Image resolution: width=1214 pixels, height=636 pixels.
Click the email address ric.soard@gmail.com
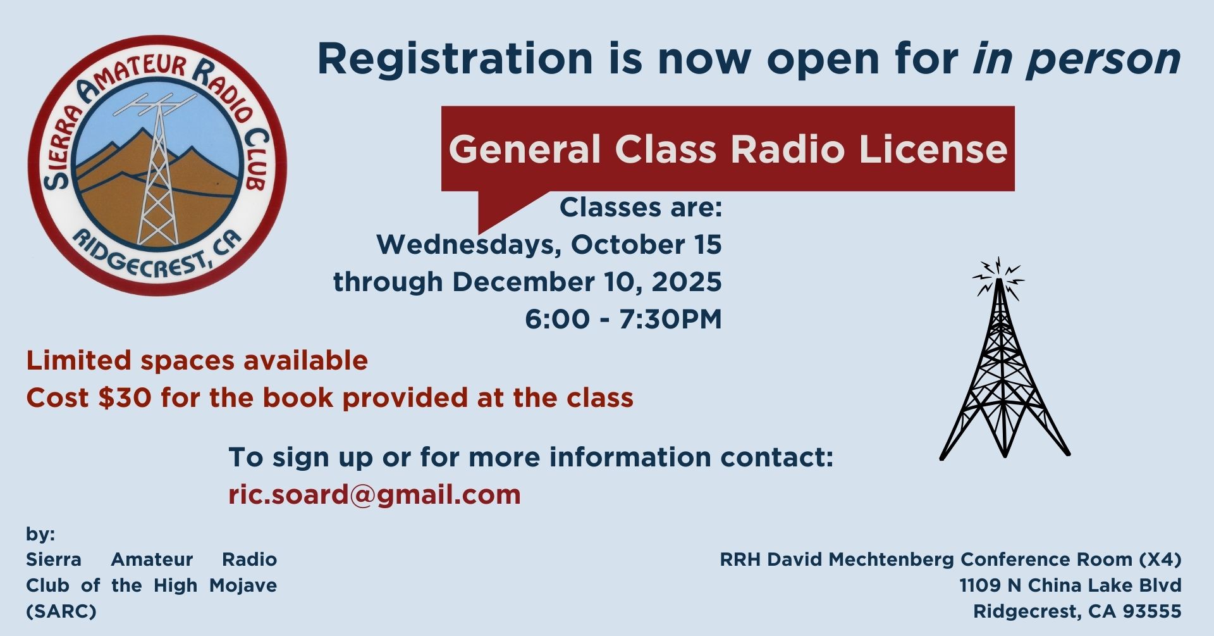pyautogui.click(x=374, y=494)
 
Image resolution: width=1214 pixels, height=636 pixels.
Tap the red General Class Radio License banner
pyautogui.click(x=728, y=149)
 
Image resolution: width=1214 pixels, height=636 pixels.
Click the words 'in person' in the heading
pyautogui.click(x=1077, y=59)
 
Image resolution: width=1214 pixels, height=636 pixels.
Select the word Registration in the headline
pyautogui.click(x=455, y=59)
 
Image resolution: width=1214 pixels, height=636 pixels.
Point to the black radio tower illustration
pyautogui.click(x=1004, y=358)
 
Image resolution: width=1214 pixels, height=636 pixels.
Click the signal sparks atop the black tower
pyautogui.click(x=998, y=277)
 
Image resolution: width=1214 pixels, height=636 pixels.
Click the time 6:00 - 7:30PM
pyautogui.click(x=623, y=319)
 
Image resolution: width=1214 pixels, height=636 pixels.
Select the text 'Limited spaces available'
pyautogui.click(x=197, y=361)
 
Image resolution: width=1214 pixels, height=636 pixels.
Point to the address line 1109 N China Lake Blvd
pyautogui.click(x=1070, y=585)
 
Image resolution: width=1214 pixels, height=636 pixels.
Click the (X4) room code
pyautogui.click(x=1160, y=559)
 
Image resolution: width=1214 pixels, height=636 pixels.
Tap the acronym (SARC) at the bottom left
pyautogui.click(x=61, y=612)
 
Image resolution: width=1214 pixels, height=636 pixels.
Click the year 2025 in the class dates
pyautogui.click(x=687, y=282)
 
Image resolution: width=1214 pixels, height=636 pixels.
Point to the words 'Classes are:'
pyautogui.click(x=641, y=208)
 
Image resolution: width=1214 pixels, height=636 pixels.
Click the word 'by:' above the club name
pyautogui.click(x=40, y=535)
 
